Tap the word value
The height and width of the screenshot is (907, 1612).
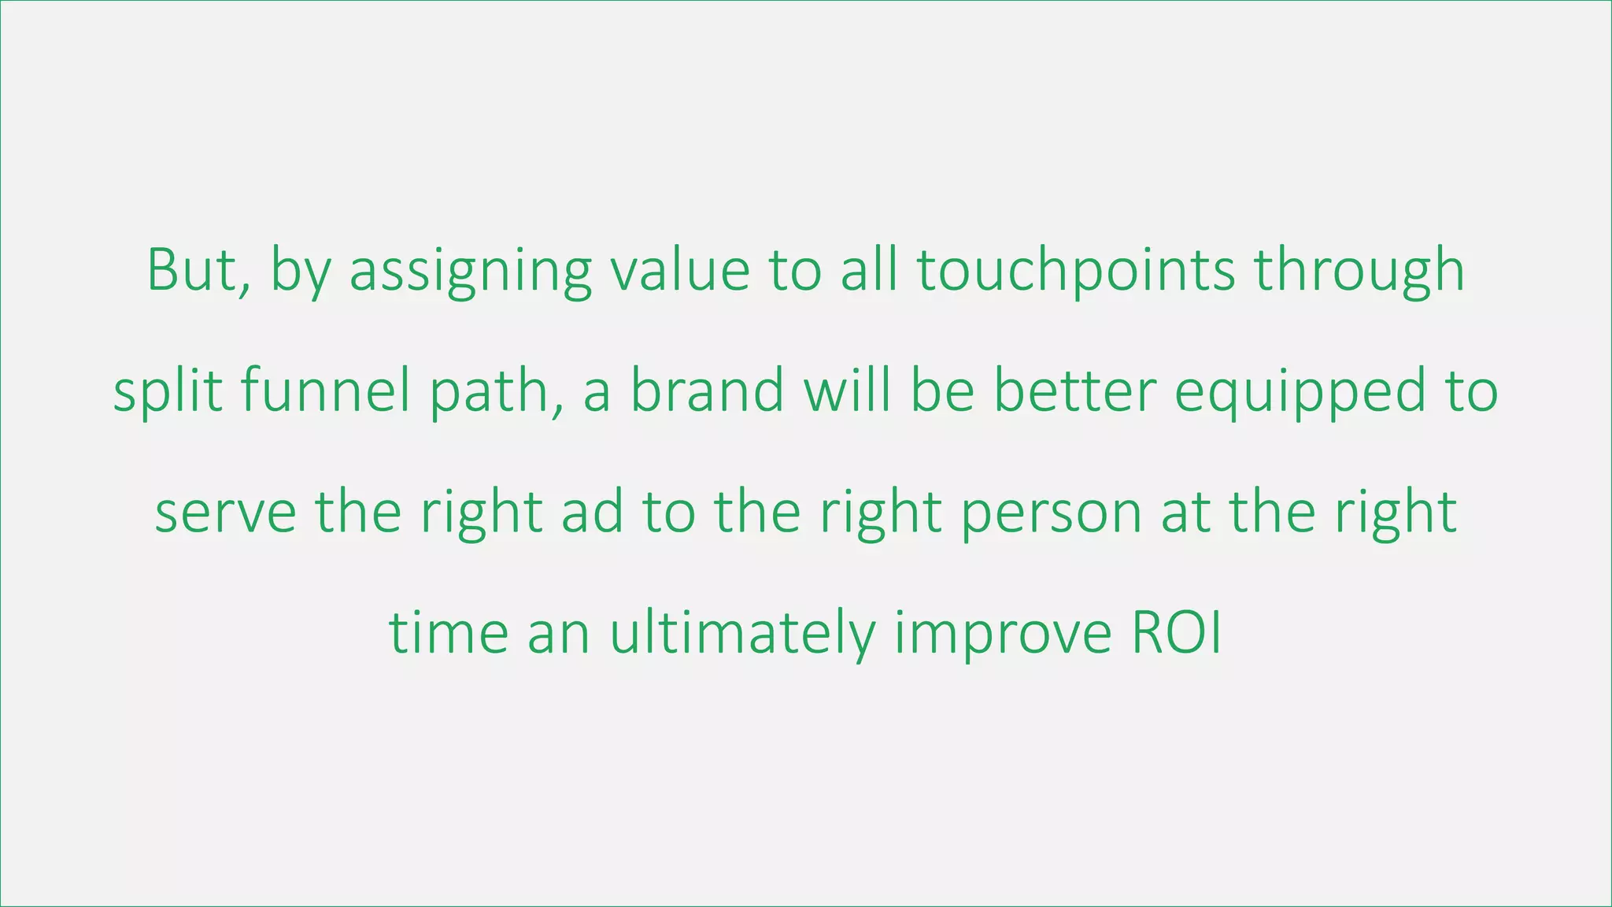point(680,270)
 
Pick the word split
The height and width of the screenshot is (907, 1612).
point(167,391)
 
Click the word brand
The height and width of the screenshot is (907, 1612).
point(707,391)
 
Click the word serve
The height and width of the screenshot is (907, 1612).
point(226,513)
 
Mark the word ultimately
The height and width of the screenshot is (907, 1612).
point(742,634)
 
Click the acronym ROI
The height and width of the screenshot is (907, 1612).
point(1176,634)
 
